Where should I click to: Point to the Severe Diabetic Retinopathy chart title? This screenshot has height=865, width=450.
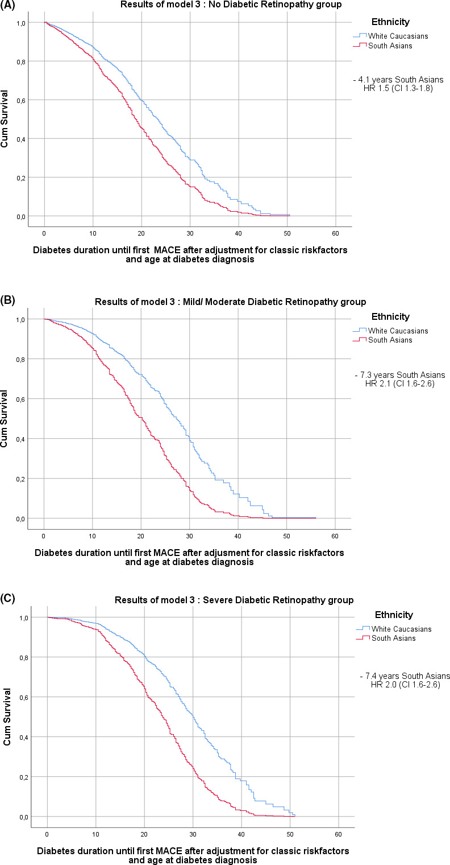(234, 600)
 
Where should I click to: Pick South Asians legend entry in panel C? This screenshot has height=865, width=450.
(393, 638)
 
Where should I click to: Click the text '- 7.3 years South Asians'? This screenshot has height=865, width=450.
(399, 375)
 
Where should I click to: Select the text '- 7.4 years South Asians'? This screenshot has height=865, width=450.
(405, 675)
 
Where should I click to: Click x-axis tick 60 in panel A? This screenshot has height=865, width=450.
(335, 233)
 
